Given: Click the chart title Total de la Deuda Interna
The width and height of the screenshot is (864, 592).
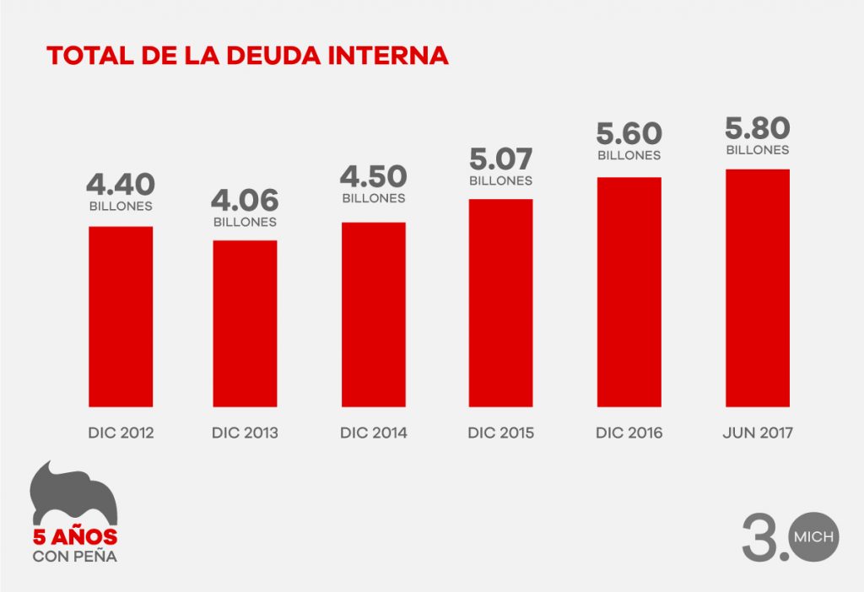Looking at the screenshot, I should coord(247,56).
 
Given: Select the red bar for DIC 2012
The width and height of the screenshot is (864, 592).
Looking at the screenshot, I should coord(121,316).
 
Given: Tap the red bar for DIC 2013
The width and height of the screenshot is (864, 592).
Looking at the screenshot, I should coord(245,323).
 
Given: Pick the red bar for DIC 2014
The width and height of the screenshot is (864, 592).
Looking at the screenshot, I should coord(373,314).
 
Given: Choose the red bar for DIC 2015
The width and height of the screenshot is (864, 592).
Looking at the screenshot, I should coord(500,303).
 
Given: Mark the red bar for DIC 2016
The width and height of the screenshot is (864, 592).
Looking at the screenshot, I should coord(629,292).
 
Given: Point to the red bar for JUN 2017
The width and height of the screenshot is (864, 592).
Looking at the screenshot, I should coord(757,288).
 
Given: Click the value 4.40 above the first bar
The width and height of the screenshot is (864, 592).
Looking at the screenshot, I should coord(121,184).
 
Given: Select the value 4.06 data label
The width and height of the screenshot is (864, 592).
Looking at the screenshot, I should coord(245,201).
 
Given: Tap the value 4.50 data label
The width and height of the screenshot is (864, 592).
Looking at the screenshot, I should coord(373,177).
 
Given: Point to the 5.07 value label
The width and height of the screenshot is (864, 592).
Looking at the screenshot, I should coord(500,159).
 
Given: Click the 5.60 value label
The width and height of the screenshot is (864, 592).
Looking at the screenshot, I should coord(629,134).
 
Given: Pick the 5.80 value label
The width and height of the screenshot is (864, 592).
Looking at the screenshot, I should coord(757,128).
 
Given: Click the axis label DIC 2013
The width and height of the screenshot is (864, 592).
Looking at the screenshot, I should coord(245,433).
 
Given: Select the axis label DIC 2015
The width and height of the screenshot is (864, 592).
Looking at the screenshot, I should coord(500,433).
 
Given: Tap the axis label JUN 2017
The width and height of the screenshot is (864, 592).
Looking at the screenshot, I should coord(757,433).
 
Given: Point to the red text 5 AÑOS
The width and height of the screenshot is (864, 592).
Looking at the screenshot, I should coord(74,538).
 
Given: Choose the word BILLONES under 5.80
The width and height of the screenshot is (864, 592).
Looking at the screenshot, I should coord(757,150).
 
